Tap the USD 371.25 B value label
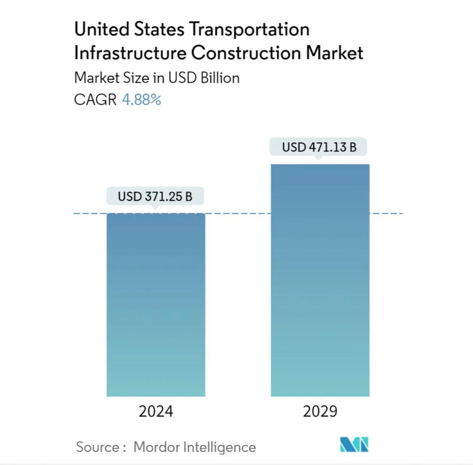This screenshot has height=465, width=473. [x=155, y=197]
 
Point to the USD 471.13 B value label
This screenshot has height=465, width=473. [x=319, y=147]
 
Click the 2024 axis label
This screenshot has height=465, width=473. [x=156, y=412]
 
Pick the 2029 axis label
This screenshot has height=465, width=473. [x=320, y=412]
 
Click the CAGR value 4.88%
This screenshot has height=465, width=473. [x=141, y=100]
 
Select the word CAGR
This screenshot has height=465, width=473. [x=96, y=100]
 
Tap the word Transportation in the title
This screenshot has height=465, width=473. [x=250, y=30]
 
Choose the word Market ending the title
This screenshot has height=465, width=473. [x=335, y=53]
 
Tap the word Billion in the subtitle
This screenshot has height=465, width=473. [x=220, y=78]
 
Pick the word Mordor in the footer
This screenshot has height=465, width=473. [x=156, y=447]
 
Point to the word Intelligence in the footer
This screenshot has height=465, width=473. [x=220, y=447]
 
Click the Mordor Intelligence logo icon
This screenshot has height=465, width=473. [x=354, y=445]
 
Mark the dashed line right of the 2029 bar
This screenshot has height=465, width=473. [x=386, y=214]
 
